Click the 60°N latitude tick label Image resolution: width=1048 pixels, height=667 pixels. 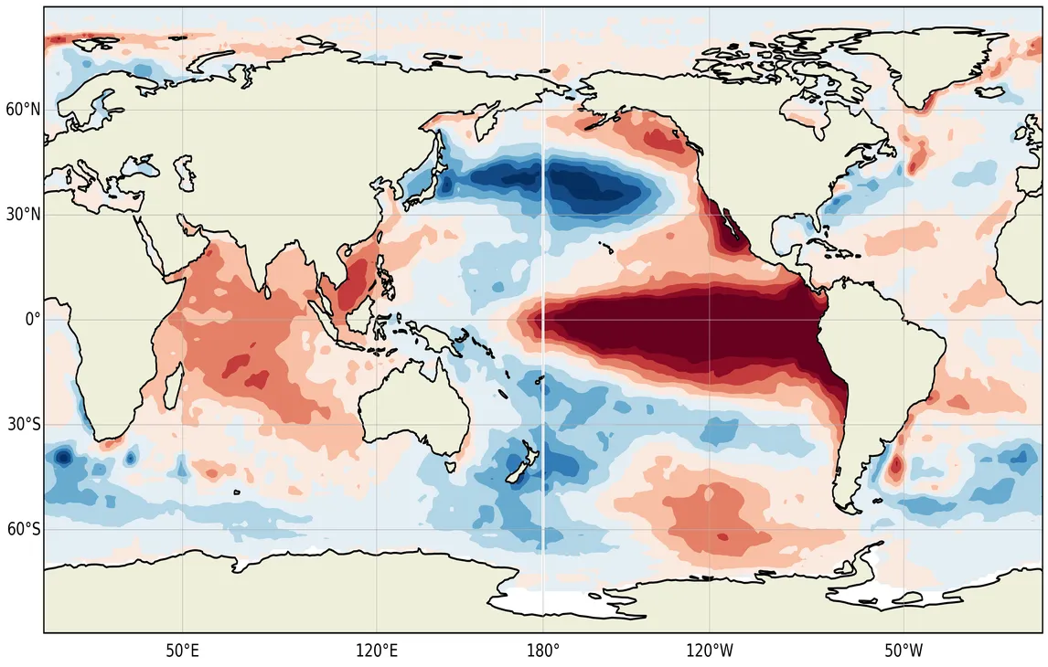point(24,110)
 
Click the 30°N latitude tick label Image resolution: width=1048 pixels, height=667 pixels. point(24,215)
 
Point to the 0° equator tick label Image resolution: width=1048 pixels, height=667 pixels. point(33,319)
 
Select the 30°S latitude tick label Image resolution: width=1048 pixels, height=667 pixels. point(24,424)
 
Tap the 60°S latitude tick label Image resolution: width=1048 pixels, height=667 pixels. point(24,529)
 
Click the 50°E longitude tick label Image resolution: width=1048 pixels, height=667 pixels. point(183,650)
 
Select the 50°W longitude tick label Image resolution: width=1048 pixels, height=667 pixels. point(904,650)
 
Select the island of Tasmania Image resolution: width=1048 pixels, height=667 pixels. point(449,466)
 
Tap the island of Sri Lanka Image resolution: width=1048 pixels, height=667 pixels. point(268,291)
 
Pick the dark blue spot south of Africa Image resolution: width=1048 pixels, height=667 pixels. point(63,458)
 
